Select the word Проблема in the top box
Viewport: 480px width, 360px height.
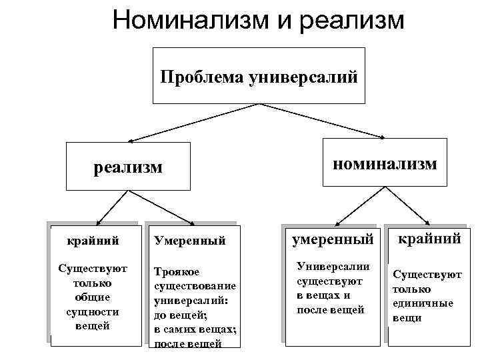(x=202, y=77)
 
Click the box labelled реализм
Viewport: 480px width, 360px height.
(x=128, y=167)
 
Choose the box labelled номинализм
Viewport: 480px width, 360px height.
(x=385, y=163)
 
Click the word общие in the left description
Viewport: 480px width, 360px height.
(x=93, y=297)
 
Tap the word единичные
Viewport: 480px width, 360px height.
(x=423, y=303)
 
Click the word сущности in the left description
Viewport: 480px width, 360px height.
(x=93, y=311)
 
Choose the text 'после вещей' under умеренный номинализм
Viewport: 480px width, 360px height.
(x=330, y=309)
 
